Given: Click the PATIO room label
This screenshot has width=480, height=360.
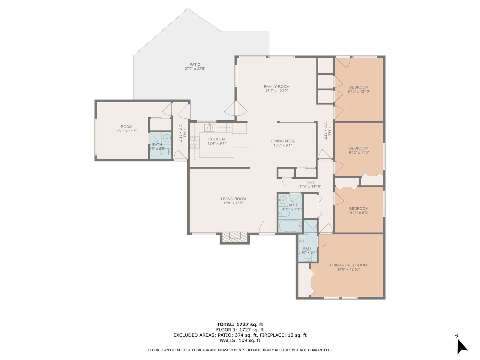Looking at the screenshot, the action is pos(195,64).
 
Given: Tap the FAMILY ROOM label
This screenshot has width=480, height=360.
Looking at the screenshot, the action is pos(276,87).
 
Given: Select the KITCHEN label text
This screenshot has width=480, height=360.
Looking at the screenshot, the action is pos(216,139).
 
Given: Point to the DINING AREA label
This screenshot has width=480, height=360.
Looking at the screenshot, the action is pos(283,141).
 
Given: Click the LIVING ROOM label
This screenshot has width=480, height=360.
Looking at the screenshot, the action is pos(233,199).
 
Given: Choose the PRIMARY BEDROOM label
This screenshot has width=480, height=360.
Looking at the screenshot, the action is pos(348,265).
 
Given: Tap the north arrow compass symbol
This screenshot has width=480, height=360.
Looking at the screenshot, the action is pos(462,347).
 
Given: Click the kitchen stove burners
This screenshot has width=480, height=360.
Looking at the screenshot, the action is pos(195,142).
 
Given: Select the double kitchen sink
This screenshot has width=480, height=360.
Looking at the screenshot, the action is pos(209,127).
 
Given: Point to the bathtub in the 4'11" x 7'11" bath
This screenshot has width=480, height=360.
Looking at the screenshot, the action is pos(290,226).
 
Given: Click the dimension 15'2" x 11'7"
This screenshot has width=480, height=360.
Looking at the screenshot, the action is pos(126,131).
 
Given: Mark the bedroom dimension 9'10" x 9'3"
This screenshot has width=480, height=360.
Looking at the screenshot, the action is pos(358,213).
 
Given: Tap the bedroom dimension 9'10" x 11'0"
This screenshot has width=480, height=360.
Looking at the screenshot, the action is pos(358,152).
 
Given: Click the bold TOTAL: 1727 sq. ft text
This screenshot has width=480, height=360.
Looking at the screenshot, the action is pos(240,324).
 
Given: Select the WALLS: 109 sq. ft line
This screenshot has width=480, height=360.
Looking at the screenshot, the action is pos(240,340).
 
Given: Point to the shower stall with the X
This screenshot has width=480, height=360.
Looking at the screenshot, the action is pos(310,226).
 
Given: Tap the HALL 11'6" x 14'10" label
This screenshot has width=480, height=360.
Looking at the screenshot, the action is pos(310,184).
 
